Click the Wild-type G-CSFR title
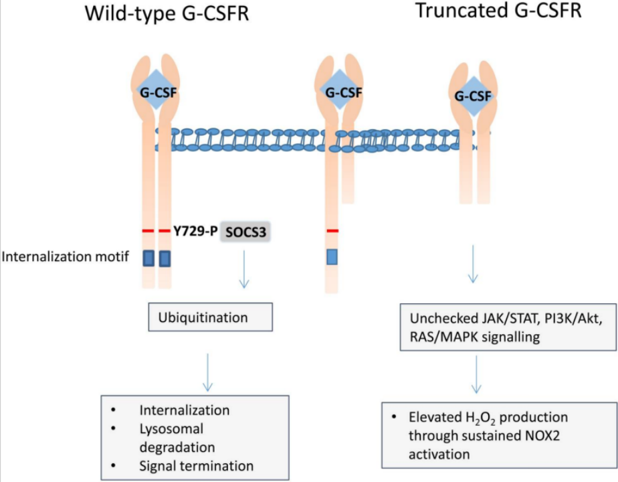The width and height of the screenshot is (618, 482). point(167,13)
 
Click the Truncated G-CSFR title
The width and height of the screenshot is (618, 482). point(498,10)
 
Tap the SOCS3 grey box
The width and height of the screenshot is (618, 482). point(245,232)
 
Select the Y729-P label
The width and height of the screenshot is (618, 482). point(195,231)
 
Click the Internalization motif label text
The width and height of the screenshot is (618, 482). point(66,257)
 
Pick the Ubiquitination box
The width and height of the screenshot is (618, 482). point(211,317)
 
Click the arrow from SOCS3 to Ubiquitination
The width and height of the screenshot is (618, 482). point(244,269)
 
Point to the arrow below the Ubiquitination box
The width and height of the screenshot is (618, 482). point(207,372)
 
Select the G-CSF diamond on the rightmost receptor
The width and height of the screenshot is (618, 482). point(474,96)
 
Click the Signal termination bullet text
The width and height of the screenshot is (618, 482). point(196,466)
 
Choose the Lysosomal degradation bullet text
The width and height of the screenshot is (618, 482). point(177,438)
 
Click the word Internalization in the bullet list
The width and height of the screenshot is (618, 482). point(185,410)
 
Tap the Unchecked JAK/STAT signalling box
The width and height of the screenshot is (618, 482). point(508,327)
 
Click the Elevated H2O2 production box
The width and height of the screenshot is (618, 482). point(500,435)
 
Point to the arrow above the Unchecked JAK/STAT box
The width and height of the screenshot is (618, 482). point(473,264)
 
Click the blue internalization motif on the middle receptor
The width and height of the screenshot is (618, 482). point(332,257)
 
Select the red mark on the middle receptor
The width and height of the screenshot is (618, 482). point(332,231)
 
